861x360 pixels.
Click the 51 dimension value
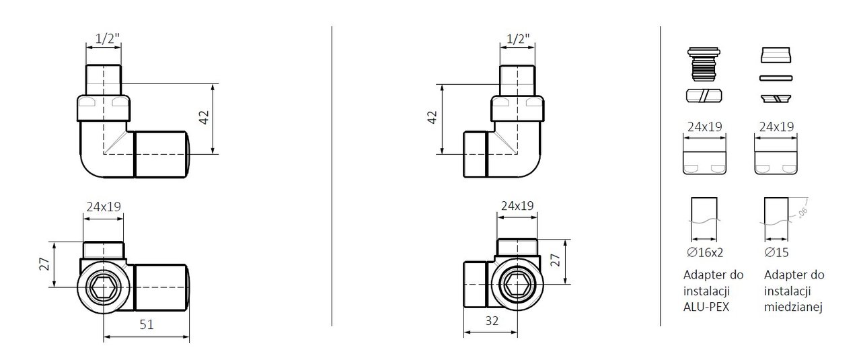(147, 324)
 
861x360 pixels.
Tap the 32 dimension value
(492, 321)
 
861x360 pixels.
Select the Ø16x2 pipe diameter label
(705, 252)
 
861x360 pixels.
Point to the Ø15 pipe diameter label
(776, 252)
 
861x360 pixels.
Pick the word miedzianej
(793, 307)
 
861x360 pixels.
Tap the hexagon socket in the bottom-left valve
(104, 287)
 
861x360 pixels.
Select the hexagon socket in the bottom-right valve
(517, 284)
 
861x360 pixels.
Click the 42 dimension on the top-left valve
(204, 117)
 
